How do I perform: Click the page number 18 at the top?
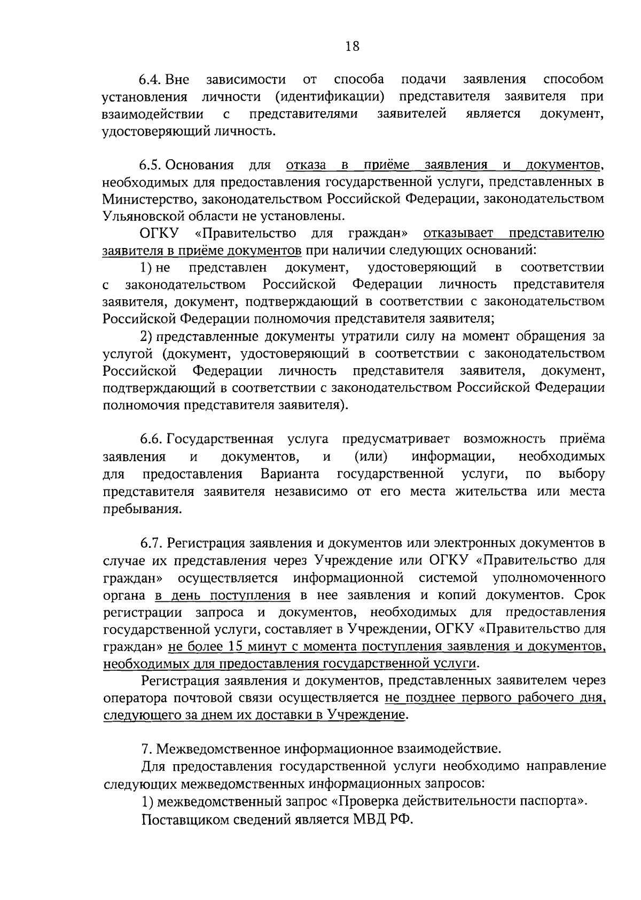353,46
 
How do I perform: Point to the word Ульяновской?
139,216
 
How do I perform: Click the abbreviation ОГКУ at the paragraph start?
159,234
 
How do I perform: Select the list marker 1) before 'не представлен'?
146,267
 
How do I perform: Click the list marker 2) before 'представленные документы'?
146,336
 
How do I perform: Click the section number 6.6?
152,439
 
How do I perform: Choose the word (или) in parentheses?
371,456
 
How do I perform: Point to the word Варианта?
290,474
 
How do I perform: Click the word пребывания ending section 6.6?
139,509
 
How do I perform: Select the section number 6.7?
152,543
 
